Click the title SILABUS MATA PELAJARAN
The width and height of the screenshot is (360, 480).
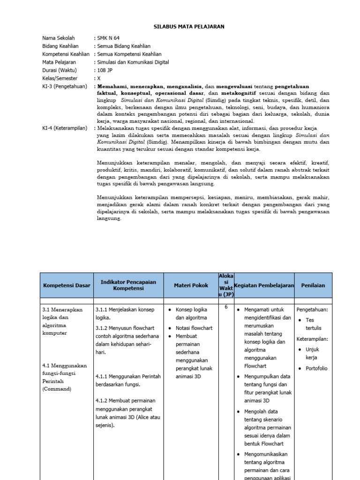(189, 27)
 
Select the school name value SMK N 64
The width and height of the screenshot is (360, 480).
(109, 38)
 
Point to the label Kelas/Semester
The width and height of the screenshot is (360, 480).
(60, 78)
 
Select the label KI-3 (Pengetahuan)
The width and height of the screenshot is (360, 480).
(64, 86)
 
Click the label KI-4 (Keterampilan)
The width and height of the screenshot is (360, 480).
(65, 128)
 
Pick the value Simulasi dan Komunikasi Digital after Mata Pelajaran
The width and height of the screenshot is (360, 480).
(133, 62)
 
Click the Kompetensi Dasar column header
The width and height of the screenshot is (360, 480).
(66, 285)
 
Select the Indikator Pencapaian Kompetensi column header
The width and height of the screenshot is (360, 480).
(128, 285)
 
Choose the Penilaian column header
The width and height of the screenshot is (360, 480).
(313, 285)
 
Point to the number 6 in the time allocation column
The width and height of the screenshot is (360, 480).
(226, 307)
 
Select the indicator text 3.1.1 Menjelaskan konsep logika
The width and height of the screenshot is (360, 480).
(125, 314)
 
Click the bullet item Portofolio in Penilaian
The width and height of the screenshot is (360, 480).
(316, 368)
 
